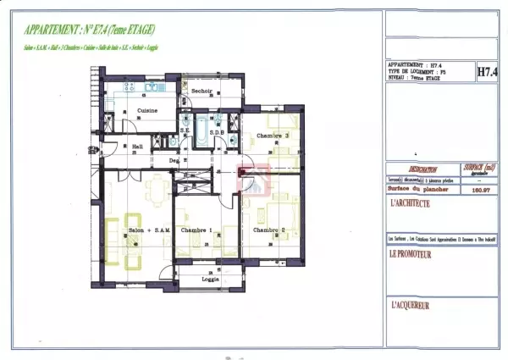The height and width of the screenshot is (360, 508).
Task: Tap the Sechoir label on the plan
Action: coord(201,91)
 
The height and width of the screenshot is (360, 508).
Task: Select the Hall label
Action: coord(137,146)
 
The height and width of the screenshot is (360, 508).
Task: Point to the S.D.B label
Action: coord(216,132)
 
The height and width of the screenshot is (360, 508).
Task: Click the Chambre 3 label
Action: coord(273,136)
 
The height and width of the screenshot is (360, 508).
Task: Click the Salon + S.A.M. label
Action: coord(149,230)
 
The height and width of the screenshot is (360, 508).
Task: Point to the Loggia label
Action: coord(211,279)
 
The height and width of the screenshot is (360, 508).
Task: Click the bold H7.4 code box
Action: coord(487,73)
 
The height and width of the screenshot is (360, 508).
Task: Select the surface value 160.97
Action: coord(477,191)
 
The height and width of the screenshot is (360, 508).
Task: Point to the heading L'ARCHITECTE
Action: coord(411,204)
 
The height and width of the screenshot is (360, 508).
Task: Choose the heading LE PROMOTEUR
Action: coord(412,253)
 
